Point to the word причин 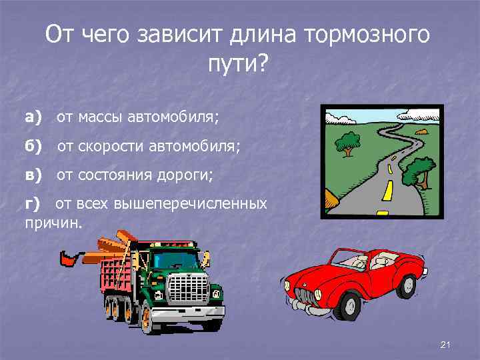[53, 223]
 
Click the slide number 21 [447, 344]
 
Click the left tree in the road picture [347, 142]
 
